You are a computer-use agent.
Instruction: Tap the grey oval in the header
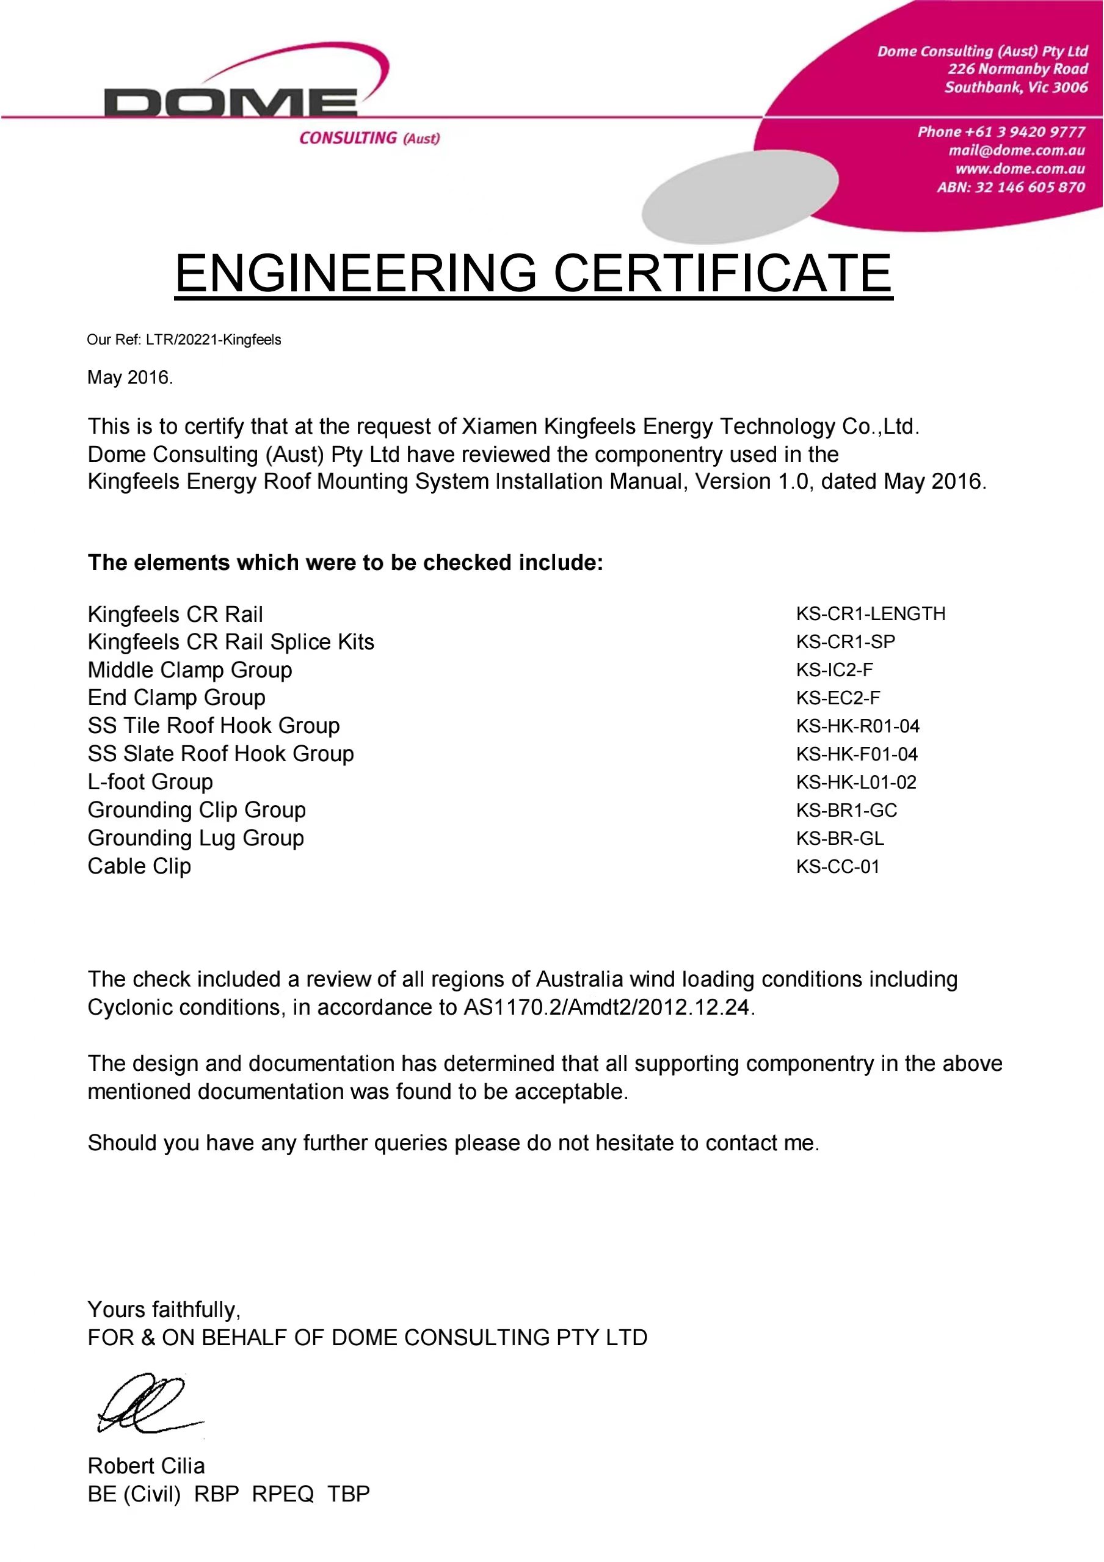[739, 196]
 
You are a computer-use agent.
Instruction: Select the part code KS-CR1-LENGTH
[870, 614]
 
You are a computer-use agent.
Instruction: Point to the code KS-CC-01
[837, 866]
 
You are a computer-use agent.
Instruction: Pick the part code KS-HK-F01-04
[857, 754]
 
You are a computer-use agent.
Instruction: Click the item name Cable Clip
[139, 866]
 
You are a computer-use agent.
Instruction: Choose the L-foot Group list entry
[150, 782]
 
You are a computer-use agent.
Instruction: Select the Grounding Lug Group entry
[196, 838]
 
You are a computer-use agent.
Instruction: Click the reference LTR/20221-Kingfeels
[214, 340]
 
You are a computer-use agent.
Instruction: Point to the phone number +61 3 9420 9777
[1001, 132]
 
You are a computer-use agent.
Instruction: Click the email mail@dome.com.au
[1016, 150]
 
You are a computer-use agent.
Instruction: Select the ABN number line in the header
[1011, 187]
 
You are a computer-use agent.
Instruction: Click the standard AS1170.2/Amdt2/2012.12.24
[607, 1007]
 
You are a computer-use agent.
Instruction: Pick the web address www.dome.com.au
[1020, 169]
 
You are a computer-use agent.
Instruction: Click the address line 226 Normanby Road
[1018, 68]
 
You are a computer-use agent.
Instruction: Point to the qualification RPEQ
[283, 1494]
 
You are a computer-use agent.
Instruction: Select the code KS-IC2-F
[834, 670]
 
